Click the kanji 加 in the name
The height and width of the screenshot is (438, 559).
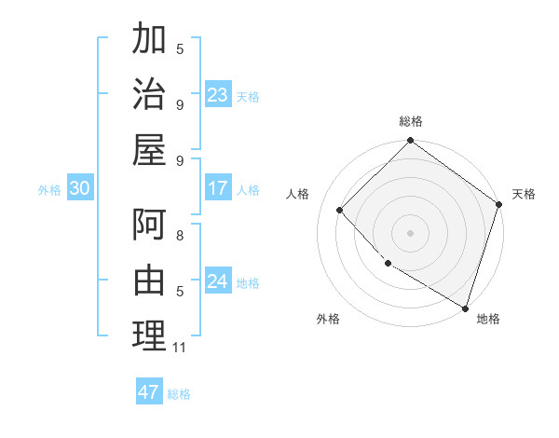[149, 40]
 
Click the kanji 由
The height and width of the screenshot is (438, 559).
[149, 281]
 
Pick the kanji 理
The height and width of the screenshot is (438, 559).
[149, 335]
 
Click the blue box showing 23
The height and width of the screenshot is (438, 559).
[218, 94]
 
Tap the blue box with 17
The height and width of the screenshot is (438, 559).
[218, 188]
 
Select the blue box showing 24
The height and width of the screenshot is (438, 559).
[218, 281]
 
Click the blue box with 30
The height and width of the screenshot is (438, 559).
[79, 188]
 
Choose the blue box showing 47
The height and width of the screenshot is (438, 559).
[149, 392]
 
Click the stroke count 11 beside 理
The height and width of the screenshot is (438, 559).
[179, 348]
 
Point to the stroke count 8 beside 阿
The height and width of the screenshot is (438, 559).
[179, 237]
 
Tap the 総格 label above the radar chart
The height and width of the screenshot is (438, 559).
[410, 121]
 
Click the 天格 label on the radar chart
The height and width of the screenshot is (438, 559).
[524, 194]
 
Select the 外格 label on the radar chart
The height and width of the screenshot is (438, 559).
[328, 319]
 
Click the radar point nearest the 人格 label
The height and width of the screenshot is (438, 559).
[340, 210]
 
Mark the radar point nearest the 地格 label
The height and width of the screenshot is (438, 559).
[465, 307]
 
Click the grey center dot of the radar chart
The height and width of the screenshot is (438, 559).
[410, 232]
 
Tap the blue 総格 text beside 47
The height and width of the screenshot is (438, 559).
[179, 393]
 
